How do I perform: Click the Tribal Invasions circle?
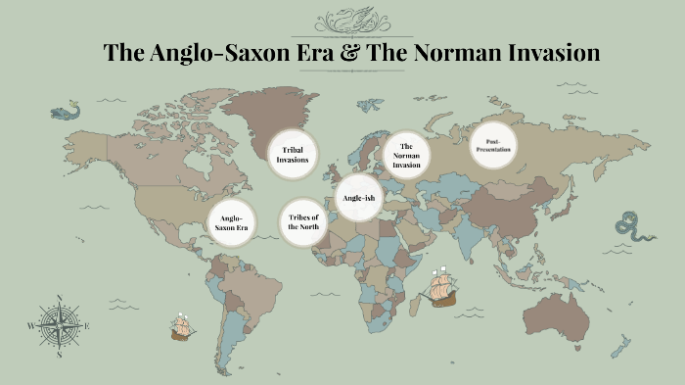click(294, 155)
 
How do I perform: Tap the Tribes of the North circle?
click(302, 221)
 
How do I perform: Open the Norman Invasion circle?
click(406, 155)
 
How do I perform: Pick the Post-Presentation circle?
click(493, 146)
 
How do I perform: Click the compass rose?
click(59, 325)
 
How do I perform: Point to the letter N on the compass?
click(59, 298)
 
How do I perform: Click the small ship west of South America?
click(181, 326)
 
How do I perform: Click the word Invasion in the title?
click(548, 54)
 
